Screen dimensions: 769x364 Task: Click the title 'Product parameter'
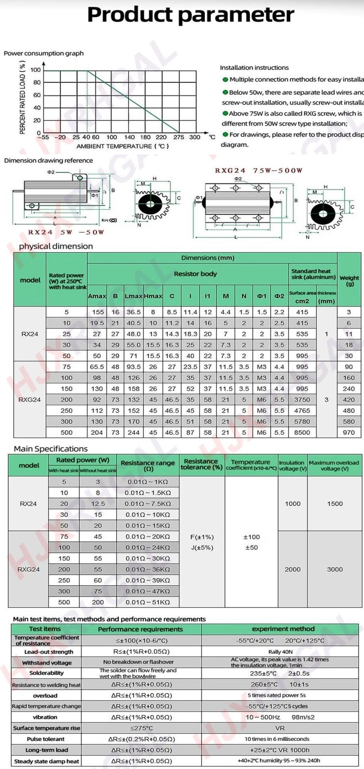click(191, 15)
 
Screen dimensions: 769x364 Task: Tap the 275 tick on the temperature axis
click(179, 137)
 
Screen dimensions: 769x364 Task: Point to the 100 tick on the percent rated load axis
click(36, 70)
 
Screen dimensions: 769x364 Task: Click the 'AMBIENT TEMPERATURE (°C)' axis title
click(123, 146)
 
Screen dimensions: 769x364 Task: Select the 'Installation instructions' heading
click(254, 68)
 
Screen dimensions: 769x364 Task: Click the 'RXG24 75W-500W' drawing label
click(258, 171)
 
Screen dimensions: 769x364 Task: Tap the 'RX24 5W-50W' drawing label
click(66, 232)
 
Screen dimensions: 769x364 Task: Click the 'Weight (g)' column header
click(349, 280)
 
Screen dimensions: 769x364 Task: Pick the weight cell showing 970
click(349, 432)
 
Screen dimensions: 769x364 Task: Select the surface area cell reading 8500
click(302, 432)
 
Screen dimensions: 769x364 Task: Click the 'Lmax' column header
click(134, 296)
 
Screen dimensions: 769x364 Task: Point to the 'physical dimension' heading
click(56, 246)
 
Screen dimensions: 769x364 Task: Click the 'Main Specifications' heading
click(51, 449)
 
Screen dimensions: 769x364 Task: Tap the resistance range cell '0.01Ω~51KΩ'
click(148, 602)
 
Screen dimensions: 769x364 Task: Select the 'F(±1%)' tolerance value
click(202, 537)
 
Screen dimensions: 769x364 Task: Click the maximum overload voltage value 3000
click(335, 569)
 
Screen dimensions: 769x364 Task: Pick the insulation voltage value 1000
click(292, 504)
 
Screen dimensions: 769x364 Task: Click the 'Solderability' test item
click(46, 673)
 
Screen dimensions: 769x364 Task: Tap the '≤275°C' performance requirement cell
click(141, 728)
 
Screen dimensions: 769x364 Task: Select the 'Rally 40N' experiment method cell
click(280, 652)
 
